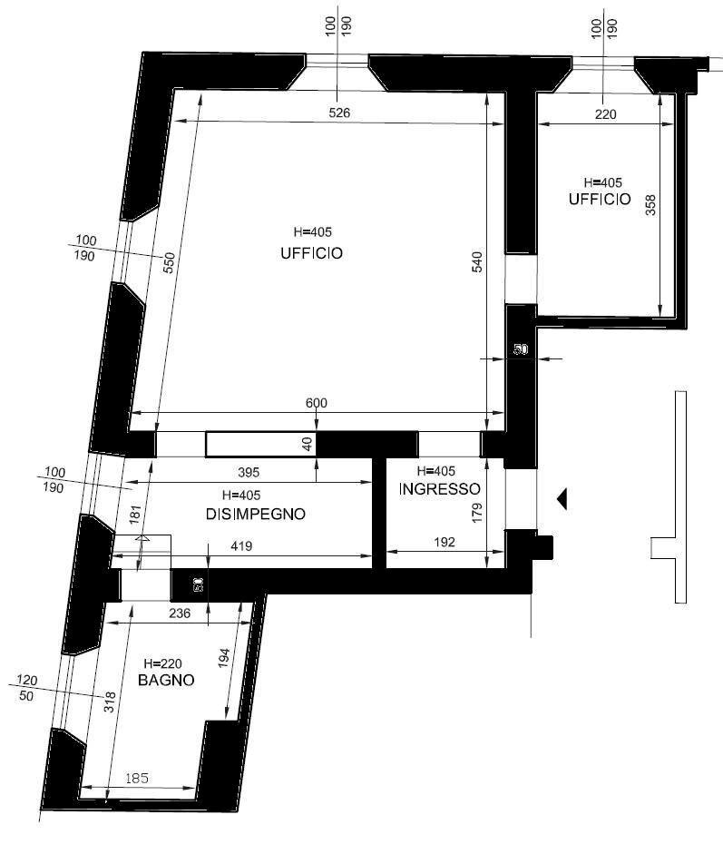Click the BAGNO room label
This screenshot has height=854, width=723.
click(x=166, y=680)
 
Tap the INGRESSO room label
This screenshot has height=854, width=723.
click(x=439, y=489)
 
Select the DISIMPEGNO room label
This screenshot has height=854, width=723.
click(x=255, y=514)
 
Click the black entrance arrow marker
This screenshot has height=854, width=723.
click(x=562, y=499)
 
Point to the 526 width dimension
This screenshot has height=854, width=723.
click(x=339, y=113)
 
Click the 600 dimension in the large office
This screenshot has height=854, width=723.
click(x=316, y=403)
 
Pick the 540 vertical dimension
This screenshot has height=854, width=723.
click(x=476, y=262)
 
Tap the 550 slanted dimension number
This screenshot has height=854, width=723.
click(x=169, y=263)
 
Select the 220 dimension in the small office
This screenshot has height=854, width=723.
click(x=605, y=113)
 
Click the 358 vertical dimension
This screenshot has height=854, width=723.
click(x=650, y=205)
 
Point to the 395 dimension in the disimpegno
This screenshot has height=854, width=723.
click(x=249, y=472)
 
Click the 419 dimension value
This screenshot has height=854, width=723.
click(x=241, y=545)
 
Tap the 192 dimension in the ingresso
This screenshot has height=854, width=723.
click(x=445, y=542)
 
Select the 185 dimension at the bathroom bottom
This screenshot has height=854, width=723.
click(x=136, y=779)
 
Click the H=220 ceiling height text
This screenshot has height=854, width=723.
click(x=162, y=663)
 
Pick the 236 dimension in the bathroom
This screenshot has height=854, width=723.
click(x=179, y=614)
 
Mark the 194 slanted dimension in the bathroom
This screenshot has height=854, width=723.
click(x=224, y=658)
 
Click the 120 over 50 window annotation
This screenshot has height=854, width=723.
click(x=26, y=688)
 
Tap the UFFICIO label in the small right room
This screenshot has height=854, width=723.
click(x=600, y=200)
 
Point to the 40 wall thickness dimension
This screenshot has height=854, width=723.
click(x=308, y=444)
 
